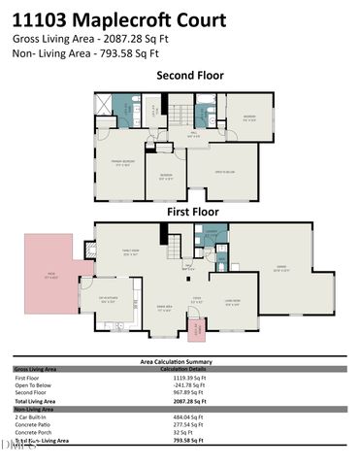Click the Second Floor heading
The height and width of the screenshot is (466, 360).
pyautogui.click(x=190, y=75)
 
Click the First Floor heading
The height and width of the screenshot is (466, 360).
pyautogui.click(x=192, y=211)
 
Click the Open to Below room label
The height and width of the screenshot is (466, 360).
pyautogui.click(x=225, y=172)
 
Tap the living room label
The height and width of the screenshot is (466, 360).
pyautogui.click(x=234, y=302)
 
